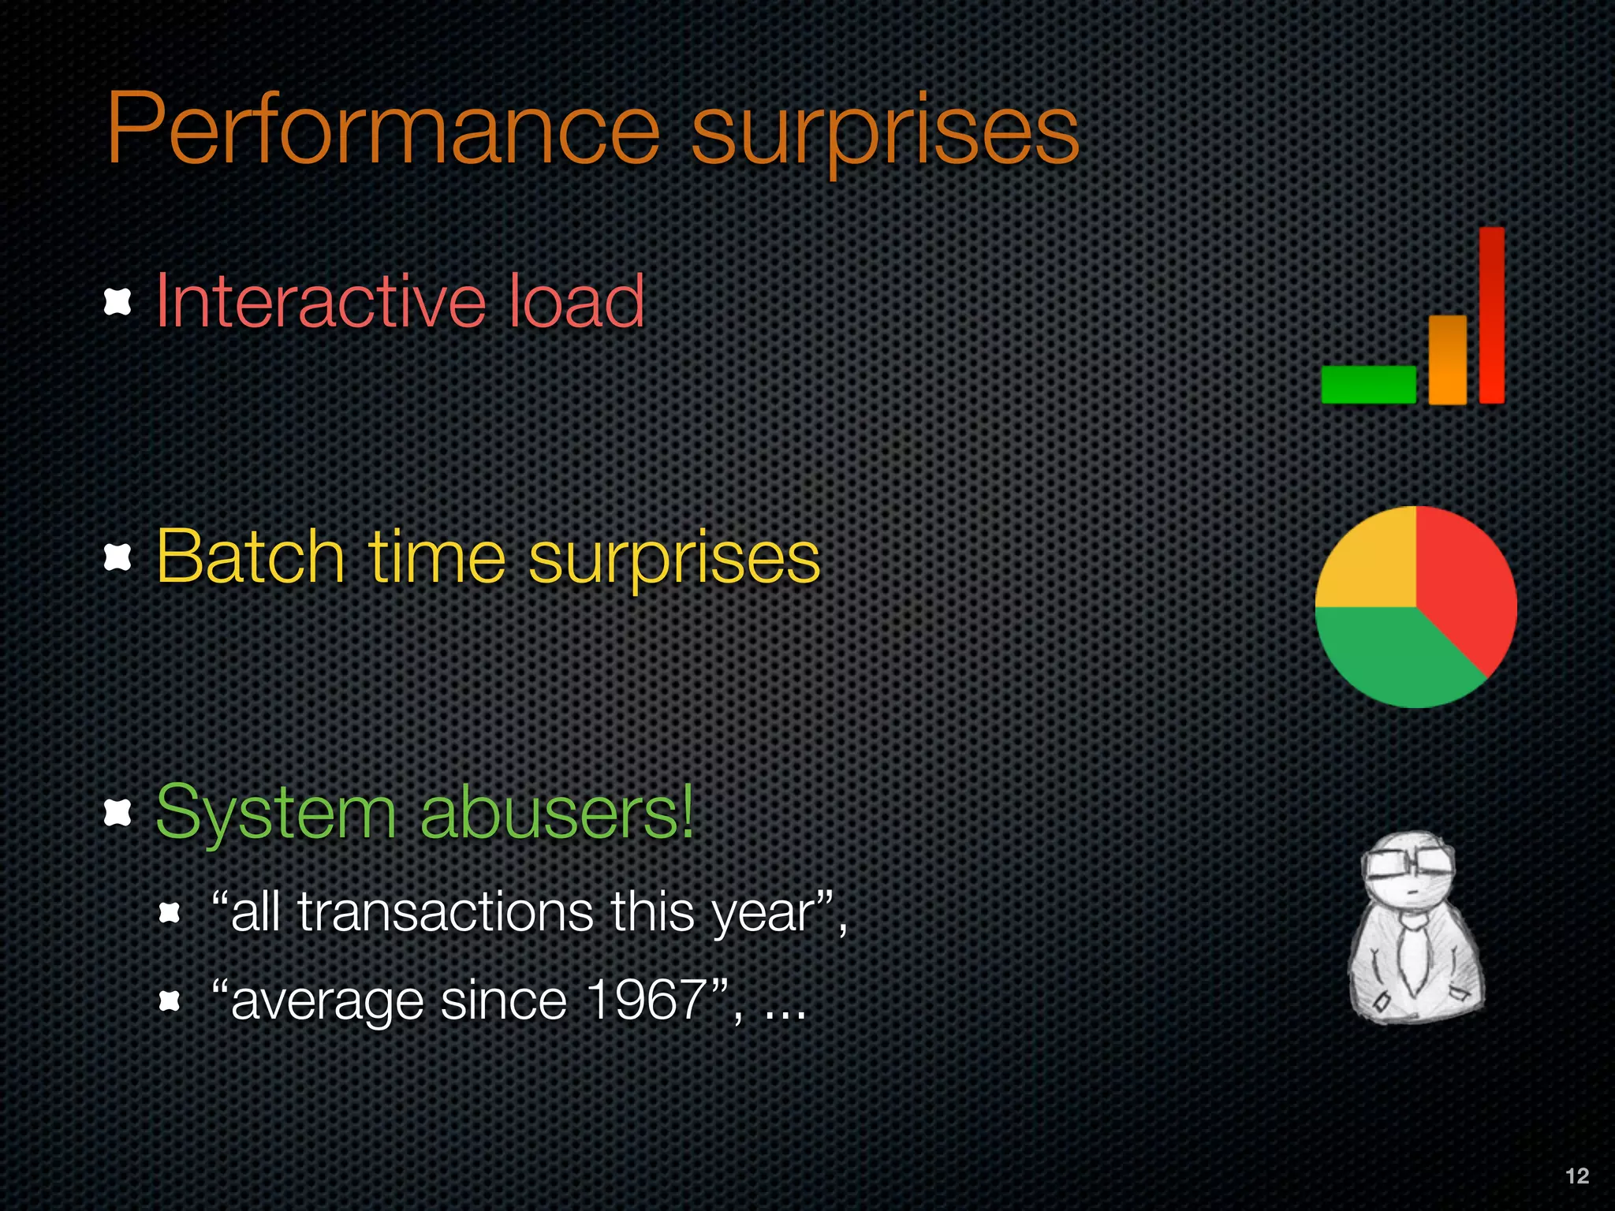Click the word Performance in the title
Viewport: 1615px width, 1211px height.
pyautogui.click(x=382, y=130)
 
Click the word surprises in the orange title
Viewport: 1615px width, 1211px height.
pyautogui.click(x=885, y=132)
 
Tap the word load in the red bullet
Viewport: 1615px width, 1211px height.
pyautogui.click(x=576, y=301)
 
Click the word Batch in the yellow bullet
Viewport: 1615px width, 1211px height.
pyautogui.click(x=250, y=557)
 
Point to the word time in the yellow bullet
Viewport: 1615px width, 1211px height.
pyautogui.click(x=436, y=557)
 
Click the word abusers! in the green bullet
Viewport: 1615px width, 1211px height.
pyautogui.click(x=557, y=812)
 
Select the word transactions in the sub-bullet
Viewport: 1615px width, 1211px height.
pyautogui.click(x=445, y=913)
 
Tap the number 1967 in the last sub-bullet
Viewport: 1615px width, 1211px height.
pyautogui.click(x=647, y=1000)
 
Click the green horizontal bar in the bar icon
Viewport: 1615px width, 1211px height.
pyautogui.click(x=1368, y=385)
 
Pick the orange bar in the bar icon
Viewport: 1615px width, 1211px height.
pyautogui.click(x=1447, y=360)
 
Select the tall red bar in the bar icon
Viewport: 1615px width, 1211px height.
pyautogui.click(x=1491, y=315)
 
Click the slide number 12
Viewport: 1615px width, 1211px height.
pyautogui.click(x=1576, y=1176)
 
